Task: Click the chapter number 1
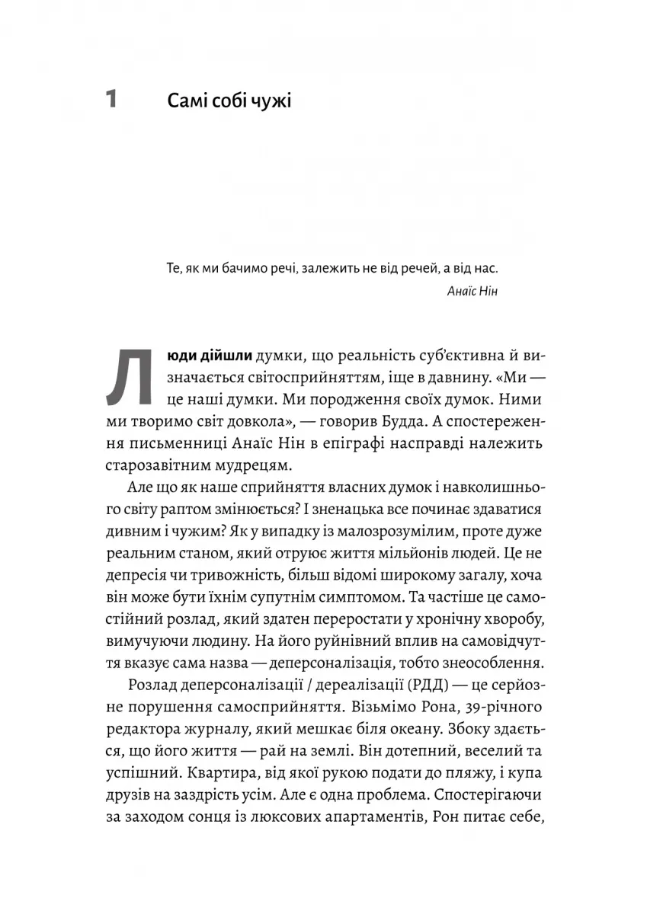111,100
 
